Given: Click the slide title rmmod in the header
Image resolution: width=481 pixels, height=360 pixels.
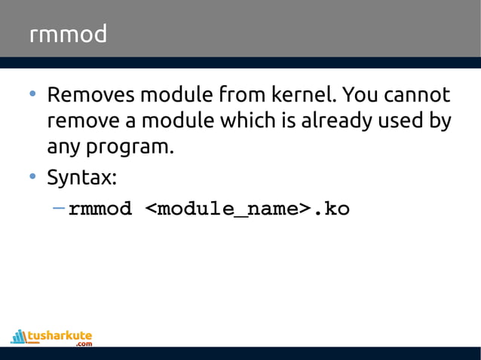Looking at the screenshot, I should click(68, 35).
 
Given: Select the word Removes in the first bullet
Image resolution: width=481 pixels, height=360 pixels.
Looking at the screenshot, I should click(92, 96).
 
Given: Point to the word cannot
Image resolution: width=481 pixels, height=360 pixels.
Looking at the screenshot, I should click(417, 96).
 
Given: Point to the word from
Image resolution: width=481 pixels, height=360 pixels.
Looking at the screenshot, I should click(238, 96).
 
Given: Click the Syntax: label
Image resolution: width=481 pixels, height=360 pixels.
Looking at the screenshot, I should click(81, 178).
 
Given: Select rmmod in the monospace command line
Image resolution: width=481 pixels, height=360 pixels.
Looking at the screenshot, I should click(100, 209).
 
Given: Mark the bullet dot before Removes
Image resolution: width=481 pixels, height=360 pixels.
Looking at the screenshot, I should click(32, 96).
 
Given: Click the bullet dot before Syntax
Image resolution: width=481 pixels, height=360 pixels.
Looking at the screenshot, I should click(32, 178).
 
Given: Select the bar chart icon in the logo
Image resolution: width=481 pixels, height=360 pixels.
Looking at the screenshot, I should click(19, 336).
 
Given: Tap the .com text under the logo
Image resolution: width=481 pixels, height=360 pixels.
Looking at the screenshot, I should click(83, 344).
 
